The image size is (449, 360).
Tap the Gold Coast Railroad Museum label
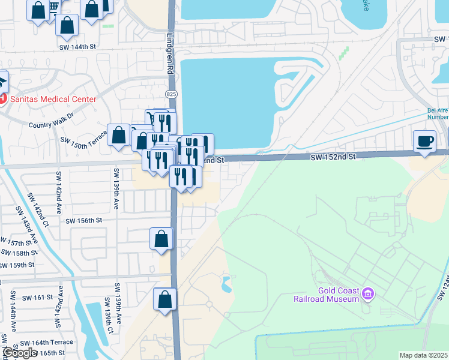pyautogui.click(x=325, y=294)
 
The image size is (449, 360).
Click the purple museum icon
pyautogui.click(x=369, y=294)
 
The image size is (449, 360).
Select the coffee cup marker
pyautogui.click(x=425, y=141)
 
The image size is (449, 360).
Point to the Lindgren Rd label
pyautogui.click(x=170, y=53)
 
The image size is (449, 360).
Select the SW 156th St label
pyautogui.click(x=84, y=221)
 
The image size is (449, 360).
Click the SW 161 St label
pyautogui.click(x=37, y=298)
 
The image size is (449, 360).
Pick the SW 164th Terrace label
pyautogui.click(x=46, y=342)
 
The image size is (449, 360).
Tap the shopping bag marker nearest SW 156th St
pyautogui.click(x=161, y=239)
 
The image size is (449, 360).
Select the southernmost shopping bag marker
pyautogui.click(x=165, y=299)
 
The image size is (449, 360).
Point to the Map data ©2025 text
pyautogui.click(x=424, y=355)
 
